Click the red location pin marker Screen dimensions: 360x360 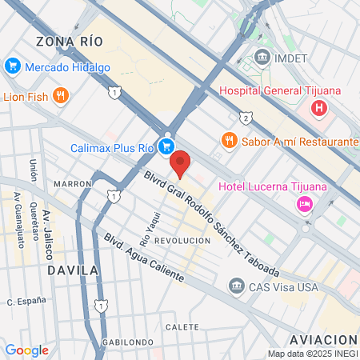[x=182, y=162]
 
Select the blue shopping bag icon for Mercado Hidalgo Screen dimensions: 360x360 [x=12, y=66]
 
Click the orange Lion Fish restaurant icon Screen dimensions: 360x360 [x=61, y=97]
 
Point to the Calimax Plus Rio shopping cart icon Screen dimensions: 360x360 [x=166, y=146]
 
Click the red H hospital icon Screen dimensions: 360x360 [x=320, y=107]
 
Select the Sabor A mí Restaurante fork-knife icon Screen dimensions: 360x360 [x=229, y=140]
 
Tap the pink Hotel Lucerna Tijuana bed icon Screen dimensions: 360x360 [x=304, y=205]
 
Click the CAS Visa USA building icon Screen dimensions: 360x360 [x=236, y=286]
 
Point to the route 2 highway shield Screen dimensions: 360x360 [x=246, y=118]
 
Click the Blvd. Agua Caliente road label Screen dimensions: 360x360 [x=144, y=258]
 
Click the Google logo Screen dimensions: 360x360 [x=26, y=350]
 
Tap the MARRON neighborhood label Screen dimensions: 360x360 [x=74, y=183]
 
